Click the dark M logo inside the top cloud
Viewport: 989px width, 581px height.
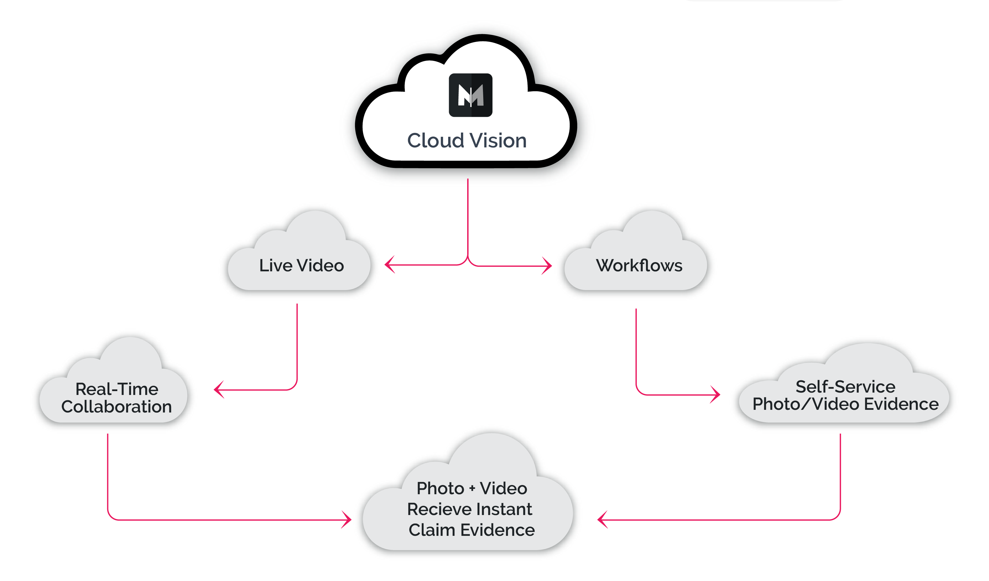pos(470,95)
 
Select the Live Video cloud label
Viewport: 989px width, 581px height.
pos(301,266)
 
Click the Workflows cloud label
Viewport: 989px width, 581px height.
pos(639,266)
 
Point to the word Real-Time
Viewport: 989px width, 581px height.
pos(117,389)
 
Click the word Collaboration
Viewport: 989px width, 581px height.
pos(116,407)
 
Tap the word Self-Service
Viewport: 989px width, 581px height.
pos(845,387)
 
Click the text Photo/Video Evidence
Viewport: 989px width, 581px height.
pos(845,404)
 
